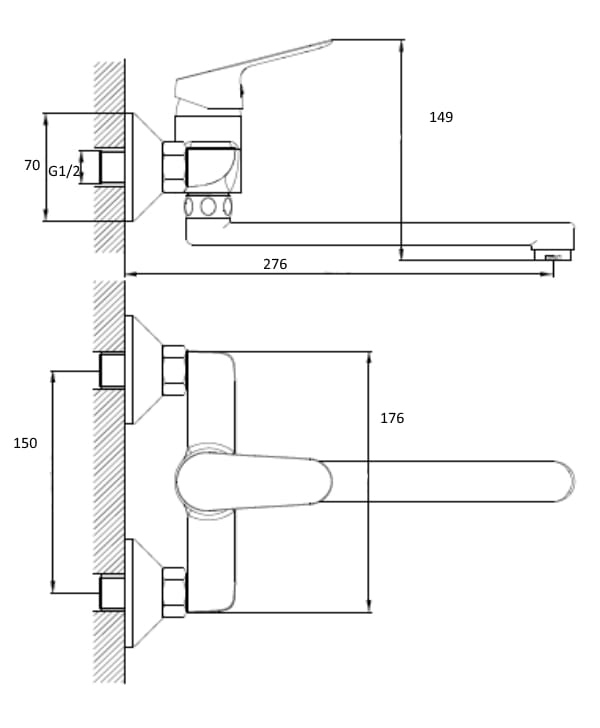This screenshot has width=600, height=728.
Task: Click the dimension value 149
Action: [441, 117]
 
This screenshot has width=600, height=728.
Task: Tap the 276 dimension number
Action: [275, 264]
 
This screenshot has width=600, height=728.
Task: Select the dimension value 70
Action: [32, 165]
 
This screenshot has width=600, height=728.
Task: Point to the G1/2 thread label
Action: [64, 171]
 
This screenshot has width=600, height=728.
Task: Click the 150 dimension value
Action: [25, 443]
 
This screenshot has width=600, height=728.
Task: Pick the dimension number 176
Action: [392, 418]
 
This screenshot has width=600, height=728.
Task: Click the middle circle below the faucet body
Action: [208, 207]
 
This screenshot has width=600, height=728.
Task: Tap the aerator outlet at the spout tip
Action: [553, 255]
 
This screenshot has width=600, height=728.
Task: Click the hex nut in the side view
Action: [173, 168]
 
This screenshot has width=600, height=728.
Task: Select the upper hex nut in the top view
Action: [174, 370]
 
